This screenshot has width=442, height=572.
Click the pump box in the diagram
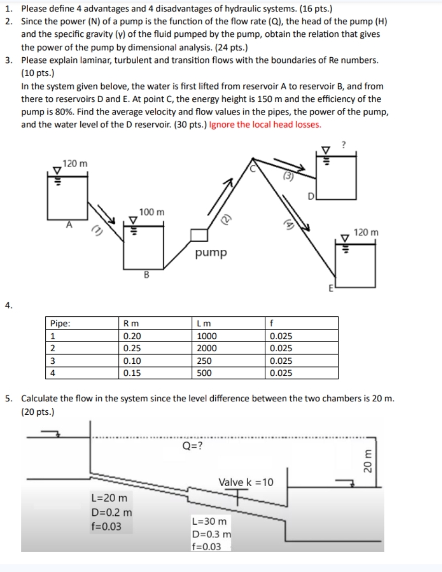coord(199,235)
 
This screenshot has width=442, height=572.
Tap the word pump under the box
coord(211,253)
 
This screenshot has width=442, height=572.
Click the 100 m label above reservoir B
coord(152,212)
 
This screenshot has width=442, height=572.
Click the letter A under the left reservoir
coord(68,224)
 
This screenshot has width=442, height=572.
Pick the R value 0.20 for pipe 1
coord(131,336)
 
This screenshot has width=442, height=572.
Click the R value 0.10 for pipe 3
coord(131,361)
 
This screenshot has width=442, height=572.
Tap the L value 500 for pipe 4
coord(202,373)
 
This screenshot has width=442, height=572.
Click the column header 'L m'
coord(200,324)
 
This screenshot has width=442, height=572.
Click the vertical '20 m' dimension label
coord(368,461)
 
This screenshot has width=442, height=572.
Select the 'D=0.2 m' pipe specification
coord(112,512)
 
